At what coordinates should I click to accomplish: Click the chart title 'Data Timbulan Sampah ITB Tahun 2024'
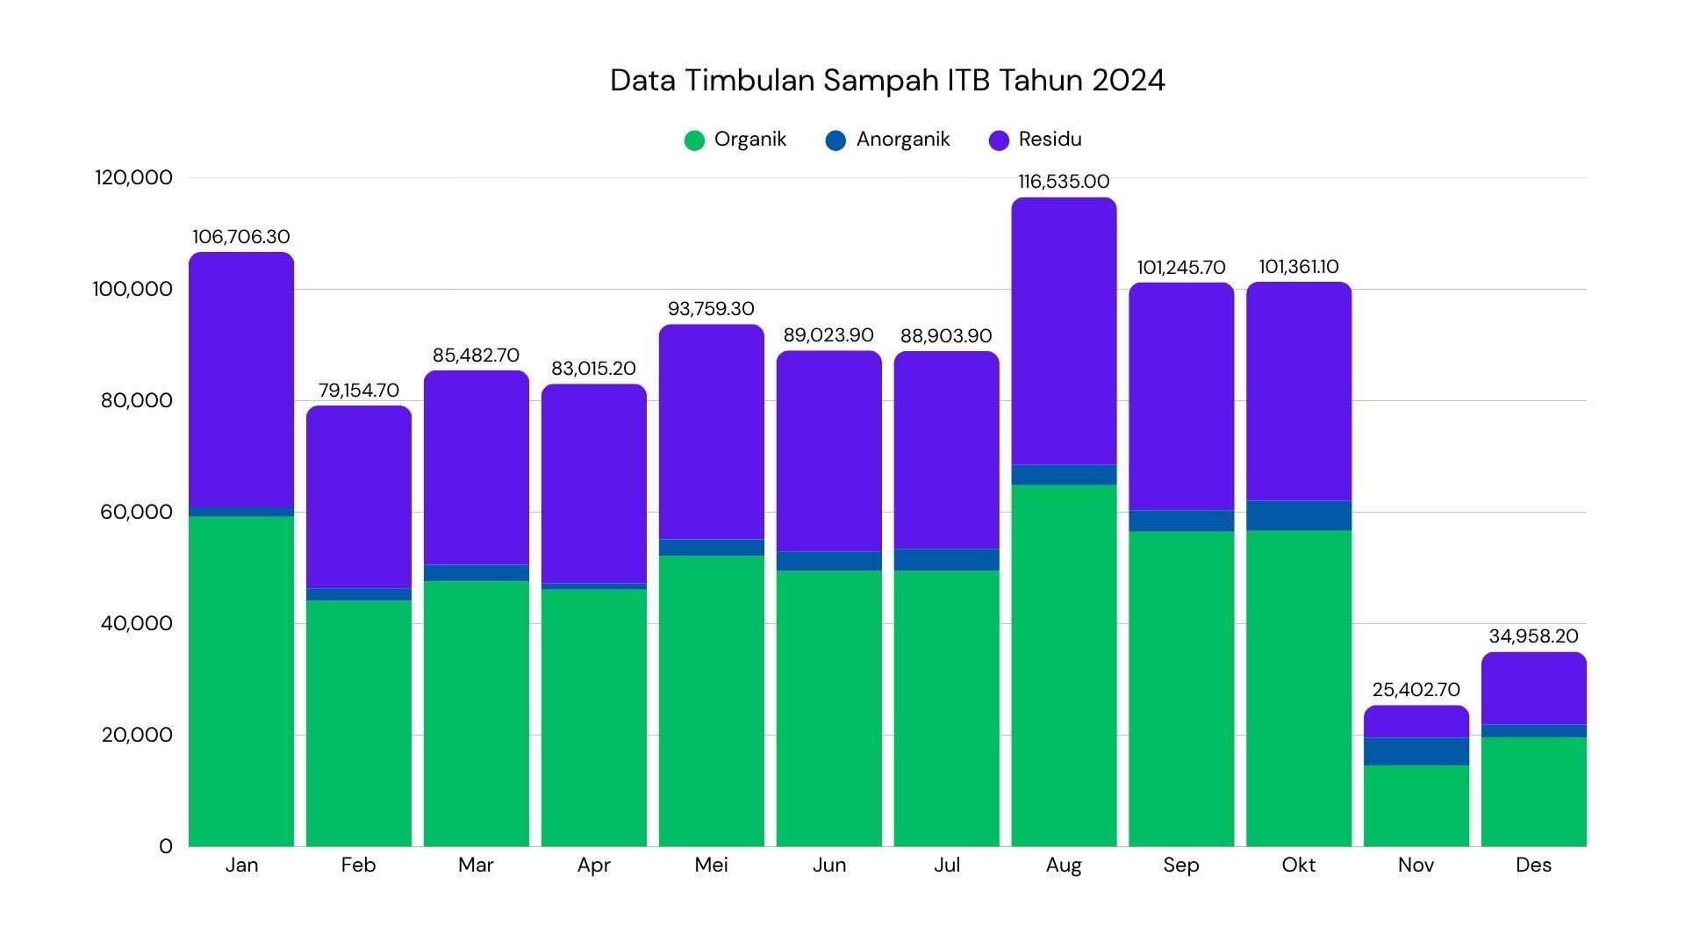coord(887,81)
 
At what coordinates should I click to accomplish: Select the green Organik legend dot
coord(694,140)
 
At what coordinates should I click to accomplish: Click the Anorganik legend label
coord(902,140)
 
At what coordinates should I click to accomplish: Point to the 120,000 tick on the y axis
coord(133,177)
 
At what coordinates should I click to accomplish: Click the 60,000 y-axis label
coord(136,513)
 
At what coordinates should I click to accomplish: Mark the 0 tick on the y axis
coord(166,847)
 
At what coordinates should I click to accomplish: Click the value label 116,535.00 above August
coord(1064,182)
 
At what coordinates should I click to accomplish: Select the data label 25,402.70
coord(1416,690)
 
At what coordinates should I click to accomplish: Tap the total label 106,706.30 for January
coord(240,237)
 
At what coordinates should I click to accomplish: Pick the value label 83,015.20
coord(593,369)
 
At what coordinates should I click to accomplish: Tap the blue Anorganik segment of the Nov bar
coord(1416,751)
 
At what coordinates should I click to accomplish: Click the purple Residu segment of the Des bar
coord(1533,689)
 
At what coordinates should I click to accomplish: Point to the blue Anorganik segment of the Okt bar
coord(1299,515)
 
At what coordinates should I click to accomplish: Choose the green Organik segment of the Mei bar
coord(711,702)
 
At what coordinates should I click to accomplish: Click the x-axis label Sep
coord(1180,865)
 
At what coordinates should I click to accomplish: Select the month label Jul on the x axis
coord(946,865)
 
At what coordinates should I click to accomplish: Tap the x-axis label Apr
coord(593,865)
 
